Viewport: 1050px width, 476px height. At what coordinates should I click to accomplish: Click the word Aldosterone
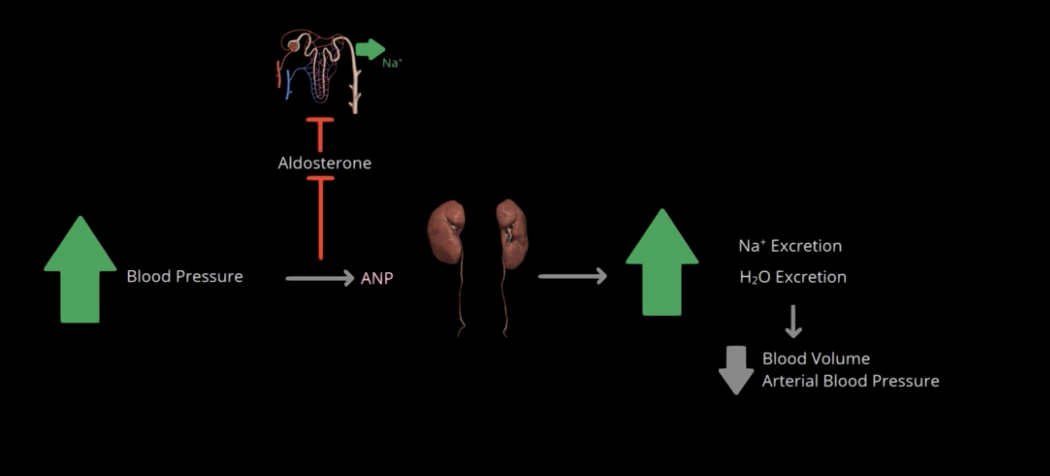pos(324,163)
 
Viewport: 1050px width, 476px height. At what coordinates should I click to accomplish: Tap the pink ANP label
pos(377,278)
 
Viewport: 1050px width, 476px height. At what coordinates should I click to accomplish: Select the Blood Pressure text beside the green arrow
pos(185,276)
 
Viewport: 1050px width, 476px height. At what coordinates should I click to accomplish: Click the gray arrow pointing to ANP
pos(320,278)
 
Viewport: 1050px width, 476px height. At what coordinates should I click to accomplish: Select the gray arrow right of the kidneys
pos(573,276)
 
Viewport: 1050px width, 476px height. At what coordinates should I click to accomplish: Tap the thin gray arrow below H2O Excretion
pos(793,322)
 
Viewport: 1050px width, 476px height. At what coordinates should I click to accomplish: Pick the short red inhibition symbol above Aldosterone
pos(320,134)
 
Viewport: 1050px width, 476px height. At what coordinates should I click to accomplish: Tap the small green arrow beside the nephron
pos(370,49)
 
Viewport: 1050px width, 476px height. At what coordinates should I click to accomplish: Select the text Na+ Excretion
pos(790,246)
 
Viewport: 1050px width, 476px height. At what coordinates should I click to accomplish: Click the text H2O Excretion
pos(793,277)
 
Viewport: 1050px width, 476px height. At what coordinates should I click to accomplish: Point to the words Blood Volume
pos(816,359)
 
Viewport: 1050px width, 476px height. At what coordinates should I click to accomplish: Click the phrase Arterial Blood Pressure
pos(850,381)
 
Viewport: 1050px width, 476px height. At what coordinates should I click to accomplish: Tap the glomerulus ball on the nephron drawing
pos(293,46)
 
